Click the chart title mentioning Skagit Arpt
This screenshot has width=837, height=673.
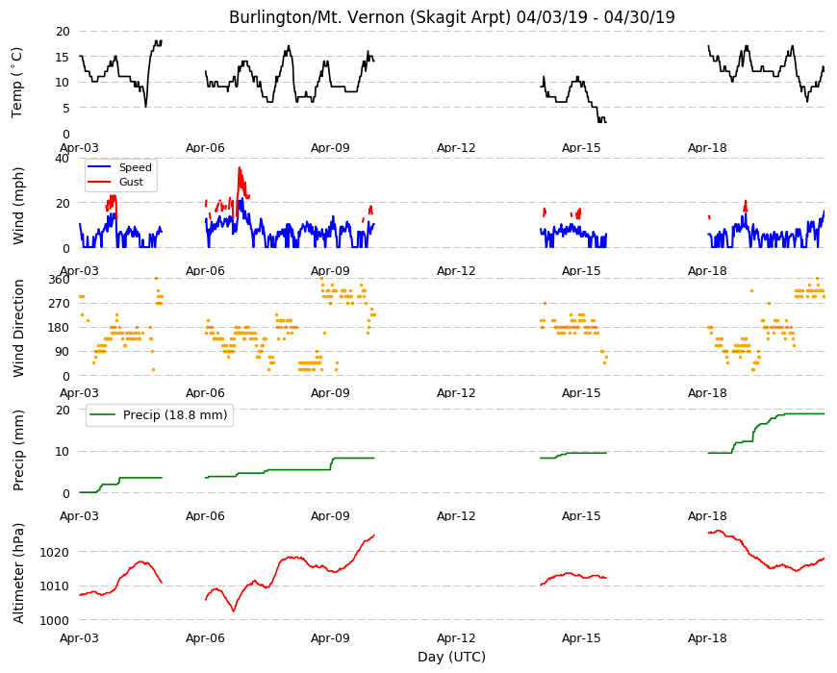(451, 17)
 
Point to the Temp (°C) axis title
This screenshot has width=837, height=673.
(17, 83)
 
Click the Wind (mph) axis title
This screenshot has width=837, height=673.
(18, 206)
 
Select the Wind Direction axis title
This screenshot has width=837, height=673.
(18, 328)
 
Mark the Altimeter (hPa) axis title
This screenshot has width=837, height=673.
(18, 573)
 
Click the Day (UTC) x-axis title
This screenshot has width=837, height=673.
(451, 657)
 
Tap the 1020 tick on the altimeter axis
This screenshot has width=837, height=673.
(55, 552)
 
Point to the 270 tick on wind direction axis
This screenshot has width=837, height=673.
(60, 304)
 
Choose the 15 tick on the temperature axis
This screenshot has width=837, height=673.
(63, 57)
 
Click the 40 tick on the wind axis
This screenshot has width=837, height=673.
(63, 159)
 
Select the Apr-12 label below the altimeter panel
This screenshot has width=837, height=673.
(456, 637)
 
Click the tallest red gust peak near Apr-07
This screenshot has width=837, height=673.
(240, 168)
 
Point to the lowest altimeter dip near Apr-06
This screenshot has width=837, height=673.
(234, 611)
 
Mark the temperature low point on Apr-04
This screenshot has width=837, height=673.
(145, 107)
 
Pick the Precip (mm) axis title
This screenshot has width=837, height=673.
(18, 451)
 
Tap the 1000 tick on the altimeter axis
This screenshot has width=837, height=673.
(55, 620)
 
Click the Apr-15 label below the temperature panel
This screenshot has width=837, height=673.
(581, 148)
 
